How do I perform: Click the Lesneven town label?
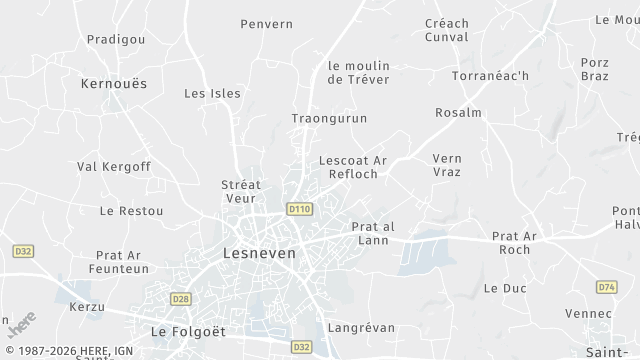259,254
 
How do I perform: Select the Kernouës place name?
113,84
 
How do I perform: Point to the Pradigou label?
116,39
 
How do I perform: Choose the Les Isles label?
213,93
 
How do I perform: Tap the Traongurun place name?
329,118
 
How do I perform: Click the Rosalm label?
459,113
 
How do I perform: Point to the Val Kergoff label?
114,166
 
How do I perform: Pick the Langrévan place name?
361,327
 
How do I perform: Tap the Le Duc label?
504,287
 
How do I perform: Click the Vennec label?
588,314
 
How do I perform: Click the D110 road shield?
299,210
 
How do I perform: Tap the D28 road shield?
181,298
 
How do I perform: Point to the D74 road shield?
606,287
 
